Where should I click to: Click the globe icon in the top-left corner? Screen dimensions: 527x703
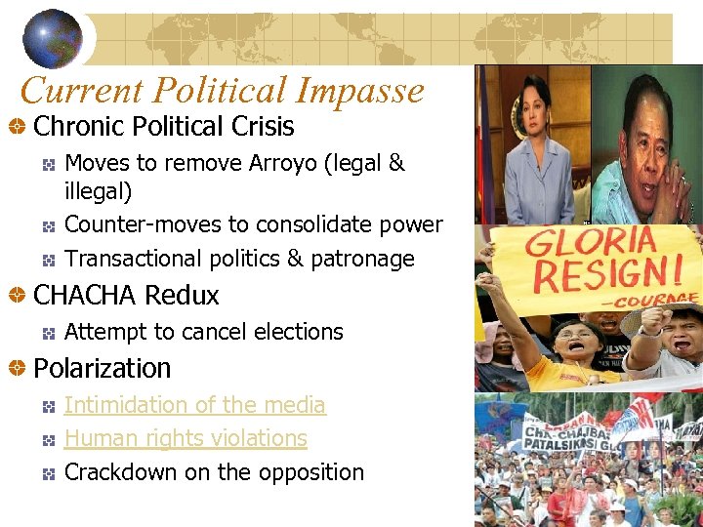point(53,38)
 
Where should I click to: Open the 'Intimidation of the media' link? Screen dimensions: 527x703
point(194,404)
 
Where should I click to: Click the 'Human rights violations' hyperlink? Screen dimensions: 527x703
point(186,438)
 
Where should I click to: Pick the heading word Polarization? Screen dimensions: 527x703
point(102,368)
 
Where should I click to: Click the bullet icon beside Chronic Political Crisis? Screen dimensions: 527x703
point(17,127)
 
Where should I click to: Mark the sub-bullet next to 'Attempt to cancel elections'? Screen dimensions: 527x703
point(48,333)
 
